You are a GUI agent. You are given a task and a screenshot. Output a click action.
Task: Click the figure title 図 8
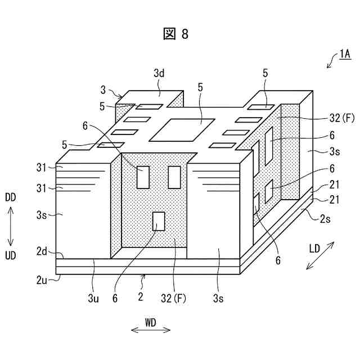click(175, 34)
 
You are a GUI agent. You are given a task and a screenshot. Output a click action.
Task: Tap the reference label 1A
click(345, 55)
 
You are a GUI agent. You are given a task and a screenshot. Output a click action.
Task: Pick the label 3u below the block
click(93, 299)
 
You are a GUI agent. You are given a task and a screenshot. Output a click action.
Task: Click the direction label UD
click(10, 256)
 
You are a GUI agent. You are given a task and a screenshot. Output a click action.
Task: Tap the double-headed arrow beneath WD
click(150, 331)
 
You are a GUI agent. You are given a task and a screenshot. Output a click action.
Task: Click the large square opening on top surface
click(182, 129)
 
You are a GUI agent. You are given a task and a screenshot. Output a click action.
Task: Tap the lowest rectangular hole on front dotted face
click(159, 221)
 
